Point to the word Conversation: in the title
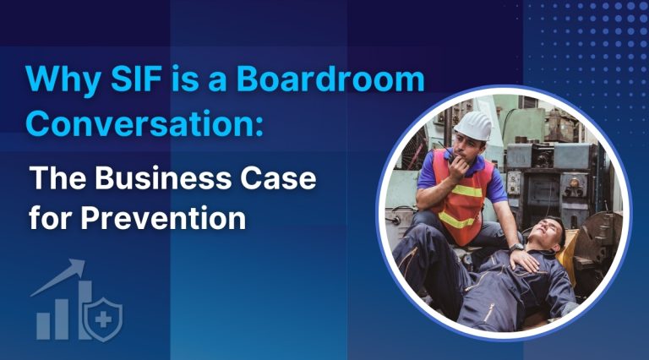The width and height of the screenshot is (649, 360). click(146, 124)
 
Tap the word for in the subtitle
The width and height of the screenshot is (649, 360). click(49, 218)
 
